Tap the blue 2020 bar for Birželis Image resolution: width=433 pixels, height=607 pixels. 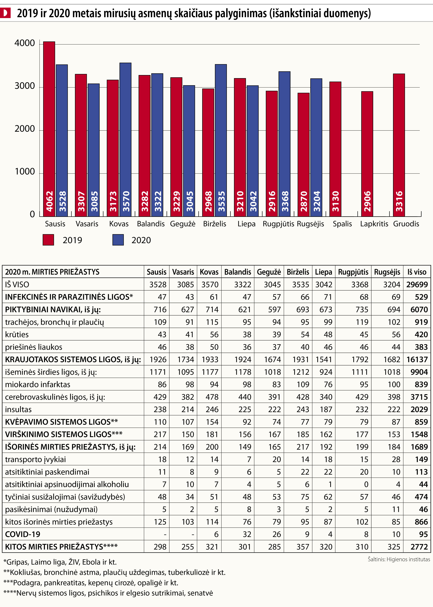(x=221, y=140)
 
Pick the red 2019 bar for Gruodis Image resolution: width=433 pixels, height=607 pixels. (x=399, y=145)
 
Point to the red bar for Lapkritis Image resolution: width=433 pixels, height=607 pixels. (x=367, y=154)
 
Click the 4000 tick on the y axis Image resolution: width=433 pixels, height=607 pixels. (x=25, y=43)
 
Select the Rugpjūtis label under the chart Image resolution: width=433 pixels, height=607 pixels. (x=278, y=224)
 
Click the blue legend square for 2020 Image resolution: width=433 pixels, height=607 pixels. (x=118, y=240)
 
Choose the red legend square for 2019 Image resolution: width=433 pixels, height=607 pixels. (x=48, y=240)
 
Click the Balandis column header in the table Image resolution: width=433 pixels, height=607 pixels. (x=238, y=272)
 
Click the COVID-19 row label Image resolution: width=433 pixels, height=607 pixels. (x=23, y=534)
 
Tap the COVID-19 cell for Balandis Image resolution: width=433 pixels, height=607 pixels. (x=247, y=534)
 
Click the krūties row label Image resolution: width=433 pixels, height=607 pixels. (x=17, y=334)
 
